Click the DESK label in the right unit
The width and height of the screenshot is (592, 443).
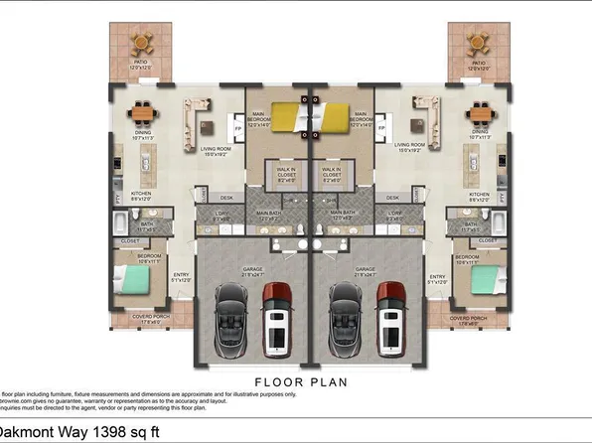click(393, 197)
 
